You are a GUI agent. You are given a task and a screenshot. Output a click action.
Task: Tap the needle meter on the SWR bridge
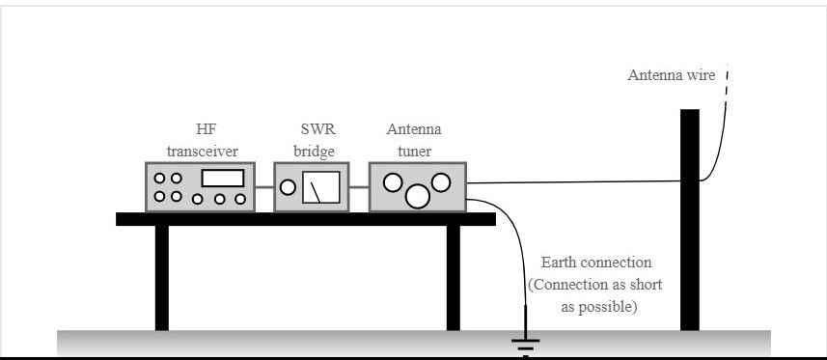click(x=320, y=186)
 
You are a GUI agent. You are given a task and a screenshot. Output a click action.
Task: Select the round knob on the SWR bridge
click(x=288, y=186)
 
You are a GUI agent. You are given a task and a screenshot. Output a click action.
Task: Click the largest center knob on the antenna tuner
click(x=417, y=196)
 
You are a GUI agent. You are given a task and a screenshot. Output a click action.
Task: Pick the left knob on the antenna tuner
click(x=392, y=181)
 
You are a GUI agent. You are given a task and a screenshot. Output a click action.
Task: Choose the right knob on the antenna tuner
click(x=441, y=180)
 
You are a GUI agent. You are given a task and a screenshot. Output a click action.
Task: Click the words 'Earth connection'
click(x=597, y=263)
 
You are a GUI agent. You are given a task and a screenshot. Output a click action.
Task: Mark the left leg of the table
click(x=161, y=277)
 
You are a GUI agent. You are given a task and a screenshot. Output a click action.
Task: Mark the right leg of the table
click(x=454, y=277)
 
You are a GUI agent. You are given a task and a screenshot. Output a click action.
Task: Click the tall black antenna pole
click(x=689, y=222)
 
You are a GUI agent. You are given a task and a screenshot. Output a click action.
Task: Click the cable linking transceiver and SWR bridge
click(x=266, y=186)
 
